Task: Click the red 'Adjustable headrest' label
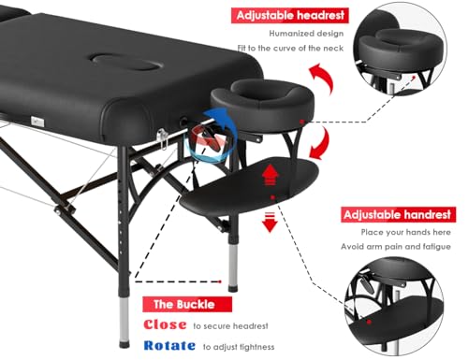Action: [290, 16]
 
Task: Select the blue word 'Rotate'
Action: [169, 346]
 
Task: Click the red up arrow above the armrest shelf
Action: [272, 173]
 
